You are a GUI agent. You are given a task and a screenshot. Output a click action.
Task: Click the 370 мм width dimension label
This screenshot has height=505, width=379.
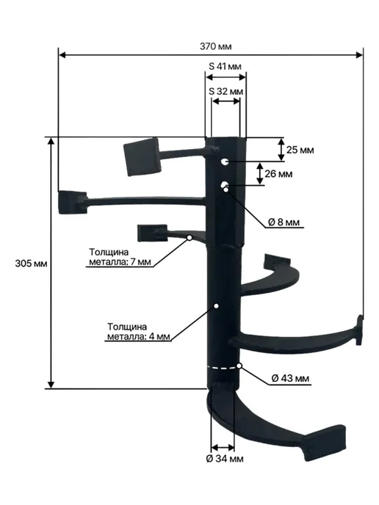coord(215,46)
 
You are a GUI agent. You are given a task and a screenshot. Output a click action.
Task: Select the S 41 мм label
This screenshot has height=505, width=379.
coord(225,66)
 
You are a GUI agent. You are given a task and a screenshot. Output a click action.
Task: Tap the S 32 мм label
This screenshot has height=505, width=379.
coord(225,91)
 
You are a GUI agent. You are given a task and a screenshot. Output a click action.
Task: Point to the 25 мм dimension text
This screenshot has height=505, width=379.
coord(300,150)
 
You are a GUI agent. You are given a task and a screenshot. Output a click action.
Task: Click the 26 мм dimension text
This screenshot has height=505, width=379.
coord(278,174)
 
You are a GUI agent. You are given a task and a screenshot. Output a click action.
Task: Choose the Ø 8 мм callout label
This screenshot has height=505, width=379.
coord(284,222)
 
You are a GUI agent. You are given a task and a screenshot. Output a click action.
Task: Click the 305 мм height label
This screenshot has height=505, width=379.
coord(31,264)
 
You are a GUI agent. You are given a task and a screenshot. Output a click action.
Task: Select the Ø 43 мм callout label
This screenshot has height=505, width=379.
coord(290,378)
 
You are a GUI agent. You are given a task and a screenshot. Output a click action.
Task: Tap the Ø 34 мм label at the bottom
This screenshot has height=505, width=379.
coord(225,459)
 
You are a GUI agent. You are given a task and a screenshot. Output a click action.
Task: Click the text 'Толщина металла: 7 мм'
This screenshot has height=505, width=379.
coord(120,257)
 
